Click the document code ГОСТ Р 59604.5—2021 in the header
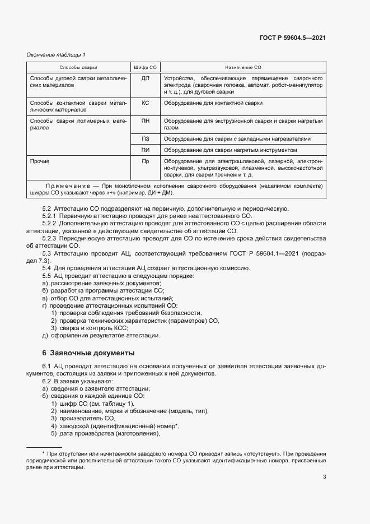click(293, 38)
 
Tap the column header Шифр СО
click(145, 67)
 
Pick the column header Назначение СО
click(243, 67)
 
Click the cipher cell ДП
click(145, 77)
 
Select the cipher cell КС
click(145, 103)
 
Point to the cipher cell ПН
click(145, 120)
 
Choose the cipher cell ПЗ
click(145, 138)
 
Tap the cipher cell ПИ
click(145, 150)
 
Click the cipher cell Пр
click(145, 161)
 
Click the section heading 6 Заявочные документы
click(88, 353)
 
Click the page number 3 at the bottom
click(324, 477)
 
